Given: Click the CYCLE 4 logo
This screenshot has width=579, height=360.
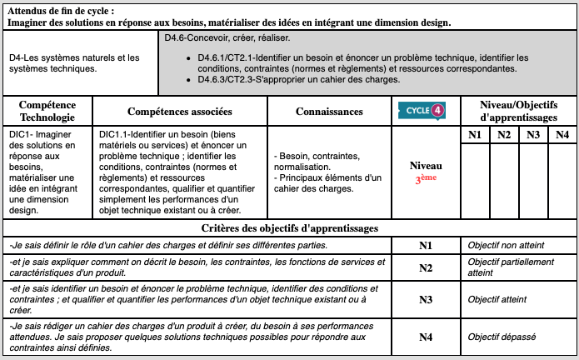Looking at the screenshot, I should click(425, 111).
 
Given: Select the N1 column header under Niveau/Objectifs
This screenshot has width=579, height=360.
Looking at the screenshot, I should click(475, 135).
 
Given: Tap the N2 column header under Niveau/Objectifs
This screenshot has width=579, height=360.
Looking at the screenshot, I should click(504, 135).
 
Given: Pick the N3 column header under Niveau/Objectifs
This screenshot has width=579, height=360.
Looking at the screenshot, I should click(533, 135).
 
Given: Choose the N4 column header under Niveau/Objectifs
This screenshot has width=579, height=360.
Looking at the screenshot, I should click(562, 135).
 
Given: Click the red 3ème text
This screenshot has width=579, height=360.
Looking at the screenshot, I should click(425, 179).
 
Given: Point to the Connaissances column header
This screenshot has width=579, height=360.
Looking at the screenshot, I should click(329, 112).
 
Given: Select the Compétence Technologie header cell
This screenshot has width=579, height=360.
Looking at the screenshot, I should click(47, 112).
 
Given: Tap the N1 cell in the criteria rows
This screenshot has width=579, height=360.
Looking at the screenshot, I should click(425, 246).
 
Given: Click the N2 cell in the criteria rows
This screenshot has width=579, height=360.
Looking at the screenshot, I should click(425, 267).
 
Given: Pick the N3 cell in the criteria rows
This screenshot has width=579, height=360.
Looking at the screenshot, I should click(425, 299).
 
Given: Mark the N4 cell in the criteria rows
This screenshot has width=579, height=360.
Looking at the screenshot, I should click(425, 337).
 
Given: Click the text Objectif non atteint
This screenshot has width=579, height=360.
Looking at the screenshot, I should click(505, 246).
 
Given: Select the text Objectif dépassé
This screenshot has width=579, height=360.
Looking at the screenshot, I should click(501, 337).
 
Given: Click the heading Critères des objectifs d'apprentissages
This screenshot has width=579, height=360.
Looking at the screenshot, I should click(290, 227).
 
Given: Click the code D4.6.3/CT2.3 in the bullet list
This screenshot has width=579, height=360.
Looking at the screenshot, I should click(233, 80).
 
